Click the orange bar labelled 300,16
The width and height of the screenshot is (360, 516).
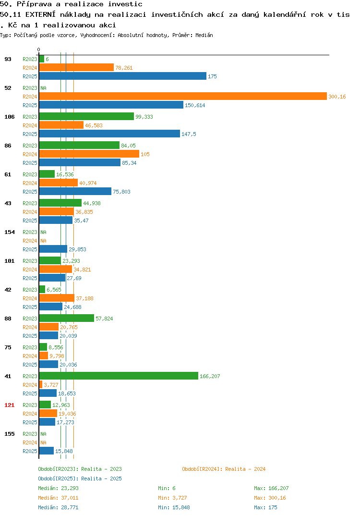[x=183, y=97]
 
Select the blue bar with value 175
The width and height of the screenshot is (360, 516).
[x=123, y=76]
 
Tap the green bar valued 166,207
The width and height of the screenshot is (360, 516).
[x=119, y=376]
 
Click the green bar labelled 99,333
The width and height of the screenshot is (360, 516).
[x=87, y=116]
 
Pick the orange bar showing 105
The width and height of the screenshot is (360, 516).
[x=89, y=154]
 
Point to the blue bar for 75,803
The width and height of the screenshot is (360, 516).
[x=75, y=192]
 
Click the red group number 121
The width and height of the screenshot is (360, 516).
[x=10, y=405]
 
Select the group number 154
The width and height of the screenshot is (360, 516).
[x=10, y=232]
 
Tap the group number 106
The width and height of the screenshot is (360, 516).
[x=10, y=117]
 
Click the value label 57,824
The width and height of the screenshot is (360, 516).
[x=104, y=319]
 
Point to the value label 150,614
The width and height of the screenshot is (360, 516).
[x=195, y=105]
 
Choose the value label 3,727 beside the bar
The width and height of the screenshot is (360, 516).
[x=51, y=385]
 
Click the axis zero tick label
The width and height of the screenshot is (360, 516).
[x=38, y=49]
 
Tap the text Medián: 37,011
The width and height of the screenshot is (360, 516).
[x=58, y=498]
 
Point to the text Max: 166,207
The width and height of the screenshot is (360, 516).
[x=271, y=488]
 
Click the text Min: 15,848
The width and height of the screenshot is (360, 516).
[x=174, y=507]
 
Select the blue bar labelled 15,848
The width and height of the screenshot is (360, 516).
[x=47, y=451]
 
